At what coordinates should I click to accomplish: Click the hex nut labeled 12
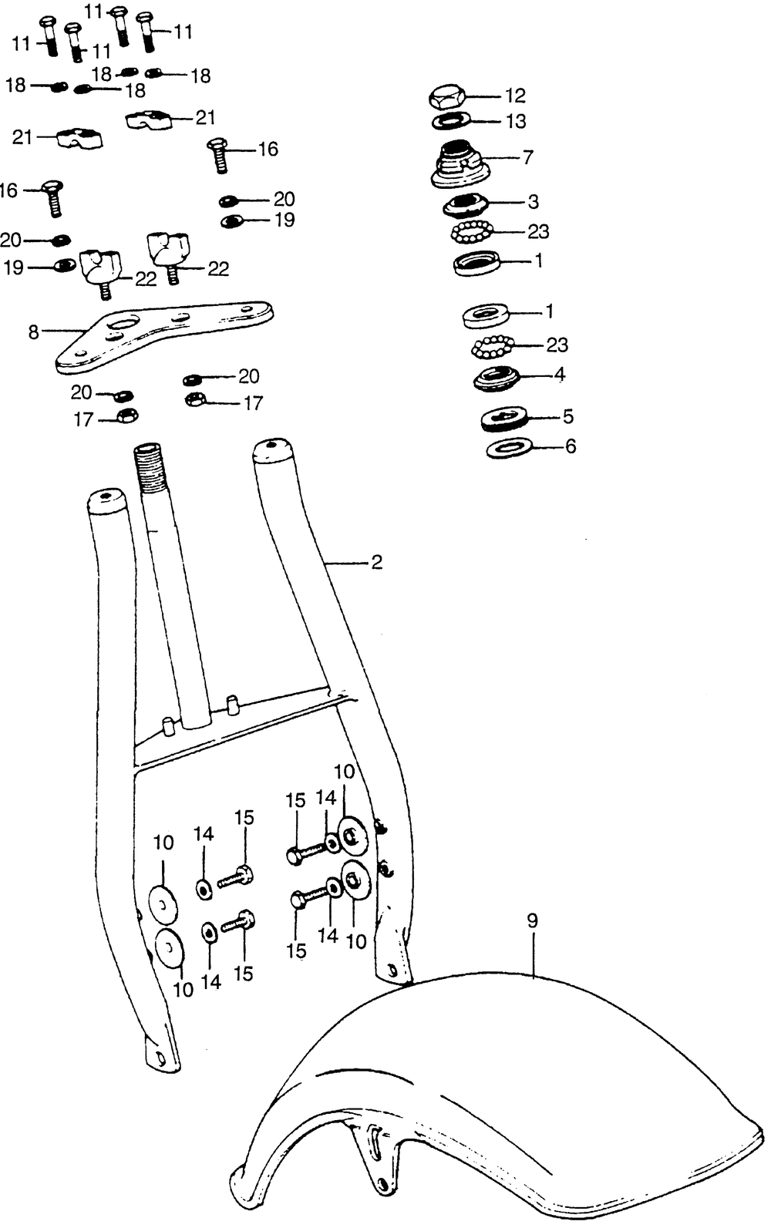(447, 98)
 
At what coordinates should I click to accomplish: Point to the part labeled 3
(464, 205)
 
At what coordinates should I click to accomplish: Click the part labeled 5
(505, 419)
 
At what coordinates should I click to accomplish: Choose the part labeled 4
(495, 378)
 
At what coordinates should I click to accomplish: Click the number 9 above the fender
(533, 920)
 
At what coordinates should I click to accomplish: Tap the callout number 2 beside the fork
(376, 562)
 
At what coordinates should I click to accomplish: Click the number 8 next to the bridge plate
(34, 331)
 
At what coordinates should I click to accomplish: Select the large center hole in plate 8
(123, 323)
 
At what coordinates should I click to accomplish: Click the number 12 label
(515, 96)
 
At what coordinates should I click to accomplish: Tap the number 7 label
(527, 157)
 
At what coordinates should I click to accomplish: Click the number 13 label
(516, 121)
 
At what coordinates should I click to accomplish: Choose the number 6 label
(571, 447)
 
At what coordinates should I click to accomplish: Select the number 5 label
(567, 416)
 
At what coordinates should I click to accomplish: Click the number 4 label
(559, 375)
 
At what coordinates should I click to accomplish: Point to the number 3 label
(533, 202)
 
